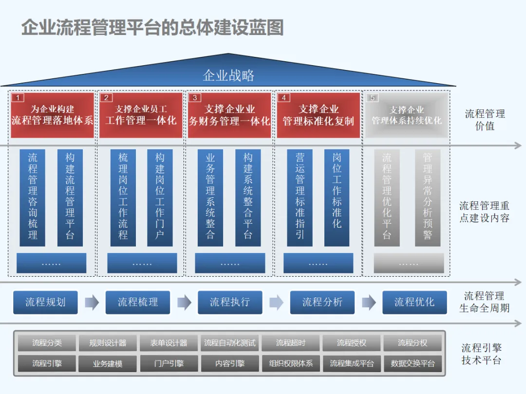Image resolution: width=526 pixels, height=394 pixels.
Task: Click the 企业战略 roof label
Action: (x=228, y=75)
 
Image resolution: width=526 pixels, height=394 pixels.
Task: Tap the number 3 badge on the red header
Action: (x=195, y=98)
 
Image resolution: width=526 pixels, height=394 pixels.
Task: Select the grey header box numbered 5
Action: (x=407, y=115)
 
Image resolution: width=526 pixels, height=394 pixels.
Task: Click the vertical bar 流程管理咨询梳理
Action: (x=33, y=197)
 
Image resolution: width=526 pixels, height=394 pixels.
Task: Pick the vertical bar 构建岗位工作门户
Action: (x=160, y=197)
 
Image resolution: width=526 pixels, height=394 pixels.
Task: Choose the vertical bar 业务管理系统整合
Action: (x=210, y=197)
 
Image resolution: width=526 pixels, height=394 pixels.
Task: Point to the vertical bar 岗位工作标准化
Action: (x=337, y=197)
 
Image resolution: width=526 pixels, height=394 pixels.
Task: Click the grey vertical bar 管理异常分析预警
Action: (x=427, y=197)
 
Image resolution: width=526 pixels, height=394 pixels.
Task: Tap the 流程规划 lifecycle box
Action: (x=45, y=302)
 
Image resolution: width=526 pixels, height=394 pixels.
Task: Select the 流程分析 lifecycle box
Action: (x=322, y=302)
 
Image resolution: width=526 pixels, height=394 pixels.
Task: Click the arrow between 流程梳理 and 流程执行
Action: (x=184, y=303)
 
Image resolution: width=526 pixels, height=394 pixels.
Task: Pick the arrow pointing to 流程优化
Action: (x=369, y=303)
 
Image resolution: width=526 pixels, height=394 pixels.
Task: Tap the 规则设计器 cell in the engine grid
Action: (x=108, y=343)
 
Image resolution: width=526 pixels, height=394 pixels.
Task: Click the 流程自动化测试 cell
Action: (x=229, y=343)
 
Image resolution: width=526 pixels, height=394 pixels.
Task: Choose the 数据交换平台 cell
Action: (x=413, y=363)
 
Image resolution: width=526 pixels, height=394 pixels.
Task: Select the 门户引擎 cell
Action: (x=169, y=363)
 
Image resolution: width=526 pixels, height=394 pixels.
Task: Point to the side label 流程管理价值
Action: (x=485, y=120)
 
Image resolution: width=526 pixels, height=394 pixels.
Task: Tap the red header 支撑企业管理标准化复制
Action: (x=319, y=115)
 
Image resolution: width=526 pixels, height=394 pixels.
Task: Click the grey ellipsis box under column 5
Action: (x=409, y=263)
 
